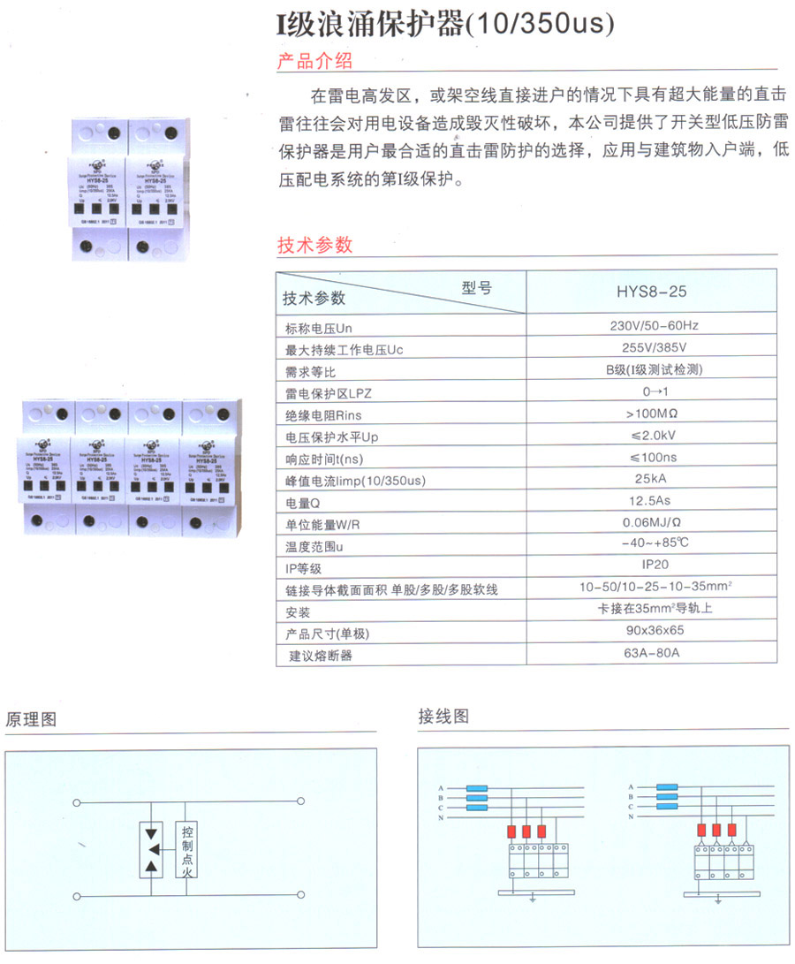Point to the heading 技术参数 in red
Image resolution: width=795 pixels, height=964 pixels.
coord(315,245)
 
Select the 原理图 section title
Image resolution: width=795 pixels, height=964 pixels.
coord(31,719)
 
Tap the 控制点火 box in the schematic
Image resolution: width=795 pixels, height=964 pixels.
coord(187,850)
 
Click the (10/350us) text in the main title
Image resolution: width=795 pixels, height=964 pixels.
coord(539,24)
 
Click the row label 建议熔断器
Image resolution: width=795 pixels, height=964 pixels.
coord(321,657)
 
